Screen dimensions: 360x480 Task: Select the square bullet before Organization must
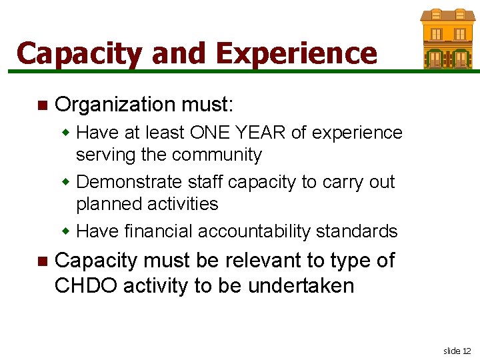coord(42,105)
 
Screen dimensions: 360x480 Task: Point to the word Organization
coord(114,105)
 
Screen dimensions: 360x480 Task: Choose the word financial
coord(159,231)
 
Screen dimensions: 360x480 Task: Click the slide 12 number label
coord(457,351)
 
